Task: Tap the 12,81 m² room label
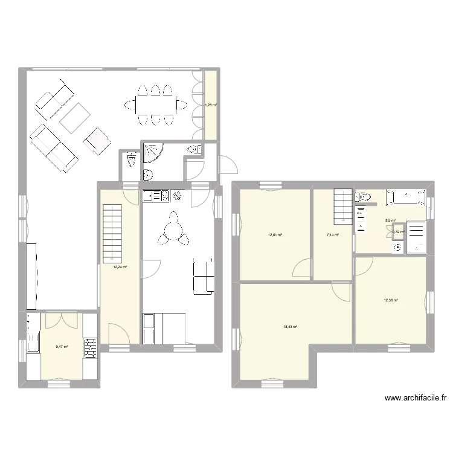click(275, 235)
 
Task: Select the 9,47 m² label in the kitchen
click(62, 347)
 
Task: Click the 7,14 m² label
click(332, 235)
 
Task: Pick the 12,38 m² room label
click(391, 300)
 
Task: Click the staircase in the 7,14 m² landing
click(343, 206)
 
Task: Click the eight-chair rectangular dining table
click(155, 105)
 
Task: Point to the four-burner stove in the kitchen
click(90, 347)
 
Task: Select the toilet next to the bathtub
click(364, 197)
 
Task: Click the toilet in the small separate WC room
click(131, 161)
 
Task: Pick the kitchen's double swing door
click(62, 320)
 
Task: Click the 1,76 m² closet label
click(210, 105)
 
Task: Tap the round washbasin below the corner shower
click(148, 175)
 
